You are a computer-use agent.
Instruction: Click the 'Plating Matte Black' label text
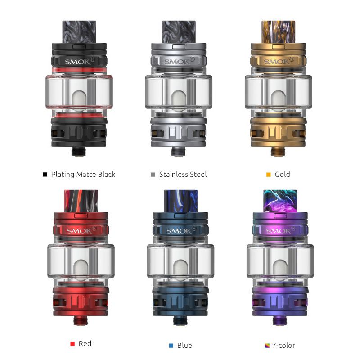(x=83, y=174)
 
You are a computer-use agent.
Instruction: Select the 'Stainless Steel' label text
(x=183, y=174)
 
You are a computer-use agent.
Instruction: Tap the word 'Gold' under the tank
(x=282, y=174)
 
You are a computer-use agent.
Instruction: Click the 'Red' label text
(x=85, y=343)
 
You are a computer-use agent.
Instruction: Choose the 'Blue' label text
(x=184, y=345)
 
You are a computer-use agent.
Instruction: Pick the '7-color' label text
(x=283, y=345)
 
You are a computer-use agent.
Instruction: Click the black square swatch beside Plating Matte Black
(x=45, y=175)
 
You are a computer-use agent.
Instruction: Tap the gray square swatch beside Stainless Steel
(x=153, y=175)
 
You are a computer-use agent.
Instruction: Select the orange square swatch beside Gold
(x=268, y=175)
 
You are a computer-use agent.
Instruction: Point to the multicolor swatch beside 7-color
(x=267, y=346)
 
